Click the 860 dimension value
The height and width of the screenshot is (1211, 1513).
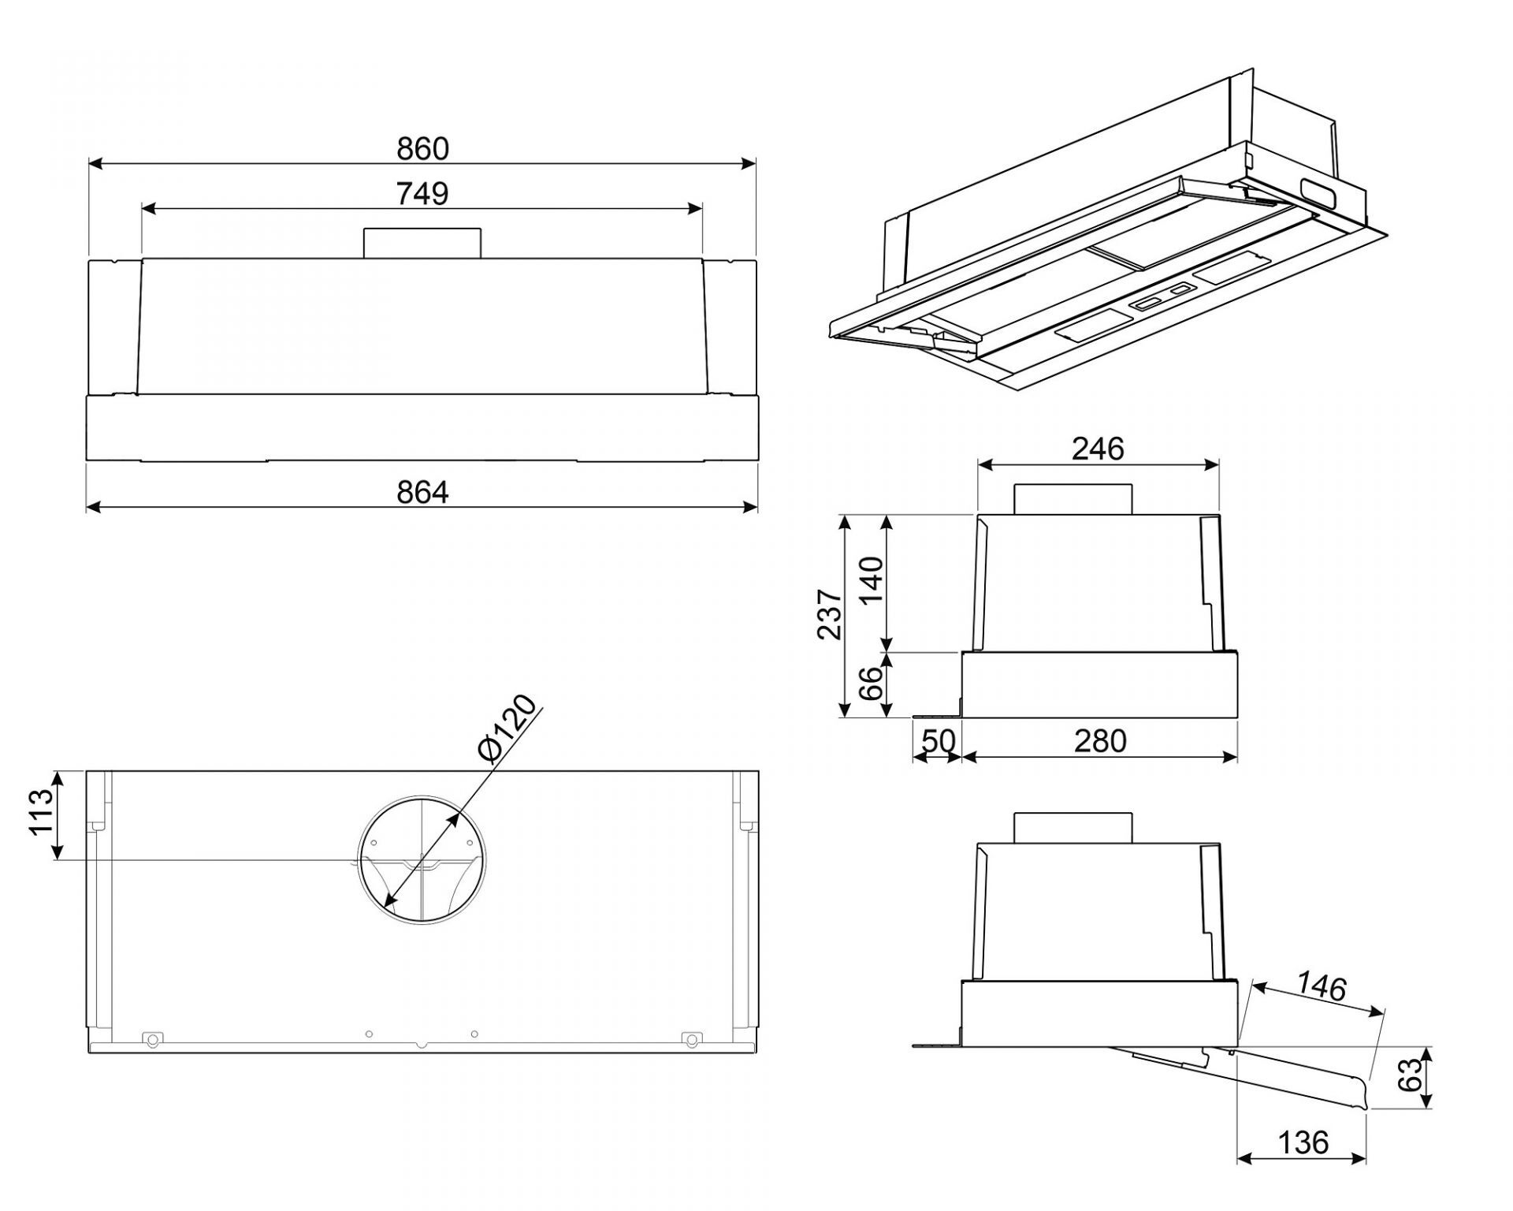click(422, 148)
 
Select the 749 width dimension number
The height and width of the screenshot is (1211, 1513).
click(422, 193)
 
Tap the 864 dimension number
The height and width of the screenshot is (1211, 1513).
click(422, 492)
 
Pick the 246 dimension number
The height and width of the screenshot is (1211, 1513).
click(1098, 449)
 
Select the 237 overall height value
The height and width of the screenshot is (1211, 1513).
click(829, 614)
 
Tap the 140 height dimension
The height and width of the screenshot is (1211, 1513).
click(871, 581)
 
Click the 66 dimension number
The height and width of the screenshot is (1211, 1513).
click(871, 684)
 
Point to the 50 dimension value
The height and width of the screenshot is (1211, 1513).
click(939, 741)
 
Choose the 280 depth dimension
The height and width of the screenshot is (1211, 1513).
click(1101, 741)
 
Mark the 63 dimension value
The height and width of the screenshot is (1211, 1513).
click(1414, 1075)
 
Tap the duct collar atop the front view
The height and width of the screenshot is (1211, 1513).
click(422, 243)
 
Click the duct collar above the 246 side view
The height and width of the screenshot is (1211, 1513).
click(1072, 499)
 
